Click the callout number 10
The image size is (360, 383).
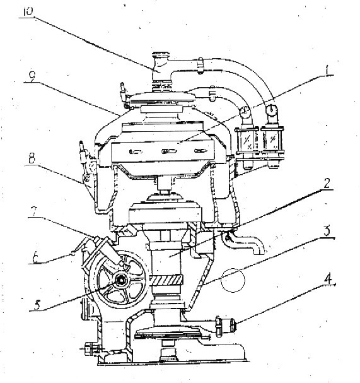[x=28, y=12]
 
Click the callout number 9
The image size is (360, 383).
[x=32, y=77]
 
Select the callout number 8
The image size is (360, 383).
[x=32, y=159]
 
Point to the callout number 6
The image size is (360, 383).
[x=36, y=258]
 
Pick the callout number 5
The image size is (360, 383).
[x=37, y=305]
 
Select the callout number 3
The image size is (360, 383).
[x=327, y=231]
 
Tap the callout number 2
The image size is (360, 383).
[x=327, y=183]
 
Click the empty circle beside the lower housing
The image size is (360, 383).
[x=233, y=280]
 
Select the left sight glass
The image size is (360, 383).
[x=247, y=140]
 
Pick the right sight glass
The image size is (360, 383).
[x=272, y=140]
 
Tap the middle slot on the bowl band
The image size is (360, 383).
[x=169, y=151]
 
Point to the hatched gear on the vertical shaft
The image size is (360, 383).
[x=166, y=280]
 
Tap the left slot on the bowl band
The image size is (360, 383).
[x=136, y=152]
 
